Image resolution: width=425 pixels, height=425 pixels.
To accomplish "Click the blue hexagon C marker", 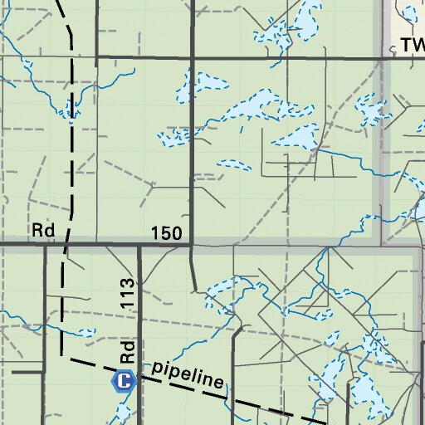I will pyautogui.click(x=123, y=382).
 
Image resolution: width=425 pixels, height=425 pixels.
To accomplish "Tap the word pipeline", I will pyautogui.click(x=187, y=374).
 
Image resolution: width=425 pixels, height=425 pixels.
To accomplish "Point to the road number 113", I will pyautogui.click(x=127, y=295).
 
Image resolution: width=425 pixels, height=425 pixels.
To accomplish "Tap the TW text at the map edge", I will pyautogui.click(x=413, y=45).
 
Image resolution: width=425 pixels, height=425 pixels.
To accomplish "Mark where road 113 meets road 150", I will pyautogui.click(x=139, y=246).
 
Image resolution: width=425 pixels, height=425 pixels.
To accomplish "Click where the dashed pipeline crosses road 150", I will pyautogui.click(x=66, y=245).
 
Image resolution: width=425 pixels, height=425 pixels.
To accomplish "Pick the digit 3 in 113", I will pyautogui.click(x=127, y=284).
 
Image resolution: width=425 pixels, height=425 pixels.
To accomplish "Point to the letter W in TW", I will pyautogui.click(x=418, y=45).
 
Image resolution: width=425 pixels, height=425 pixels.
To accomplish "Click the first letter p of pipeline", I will pyautogui.click(x=154, y=366).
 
